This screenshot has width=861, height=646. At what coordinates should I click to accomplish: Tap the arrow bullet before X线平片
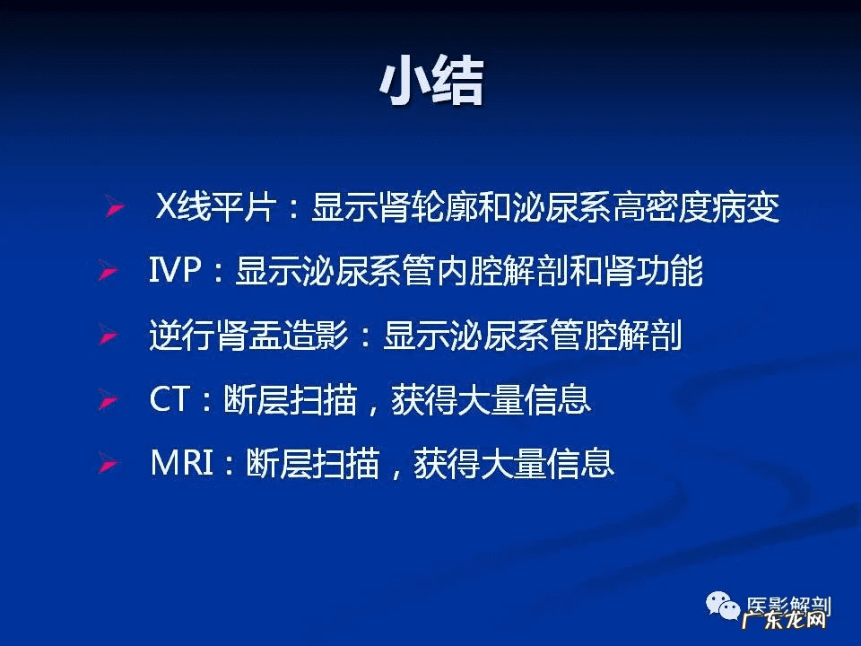pos(116,206)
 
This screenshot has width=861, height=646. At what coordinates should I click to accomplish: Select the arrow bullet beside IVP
pos(109,271)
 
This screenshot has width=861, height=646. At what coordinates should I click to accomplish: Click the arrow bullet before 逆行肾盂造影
pos(109,335)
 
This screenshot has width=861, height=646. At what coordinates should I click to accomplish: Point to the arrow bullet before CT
pos(109,399)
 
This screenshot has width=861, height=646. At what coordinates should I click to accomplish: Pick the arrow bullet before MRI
pos(109,464)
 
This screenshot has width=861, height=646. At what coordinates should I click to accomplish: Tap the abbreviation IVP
pos(175,270)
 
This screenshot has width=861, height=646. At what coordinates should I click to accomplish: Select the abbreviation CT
pos(170,399)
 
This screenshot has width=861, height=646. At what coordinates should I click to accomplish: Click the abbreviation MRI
pos(182,463)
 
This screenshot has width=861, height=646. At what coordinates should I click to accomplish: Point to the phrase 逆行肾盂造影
pos(249,335)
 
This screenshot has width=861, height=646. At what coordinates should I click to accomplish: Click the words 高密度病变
pos(696,206)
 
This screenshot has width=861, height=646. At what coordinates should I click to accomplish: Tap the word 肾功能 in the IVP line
pos(653,271)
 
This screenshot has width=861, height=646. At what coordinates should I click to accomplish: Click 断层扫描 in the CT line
pos(291,399)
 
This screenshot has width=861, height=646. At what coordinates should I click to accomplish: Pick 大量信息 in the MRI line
pos(547,464)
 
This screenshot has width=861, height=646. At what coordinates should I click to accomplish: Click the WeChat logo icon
pos(723,607)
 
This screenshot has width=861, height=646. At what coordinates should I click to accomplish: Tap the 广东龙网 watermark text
pos(784,621)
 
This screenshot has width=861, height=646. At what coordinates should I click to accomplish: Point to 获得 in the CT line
pos(424,399)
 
